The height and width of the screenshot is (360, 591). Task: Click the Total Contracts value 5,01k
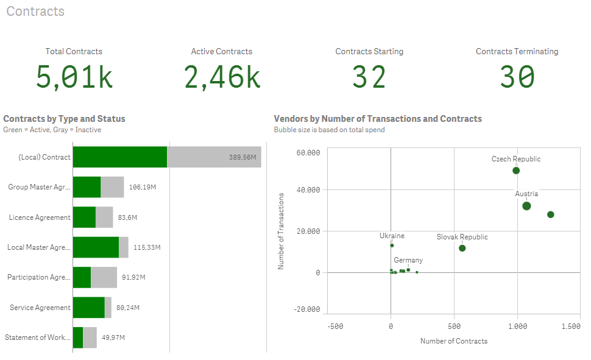[74, 77]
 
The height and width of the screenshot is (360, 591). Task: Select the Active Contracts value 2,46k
[222, 77]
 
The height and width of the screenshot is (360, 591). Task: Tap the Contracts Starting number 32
[369, 77]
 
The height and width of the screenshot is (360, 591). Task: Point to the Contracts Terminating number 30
[517, 77]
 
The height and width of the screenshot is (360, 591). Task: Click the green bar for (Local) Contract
[119, 157]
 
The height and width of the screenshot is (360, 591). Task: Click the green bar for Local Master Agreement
[96, 247]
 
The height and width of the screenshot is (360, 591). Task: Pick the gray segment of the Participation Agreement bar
[104, 277]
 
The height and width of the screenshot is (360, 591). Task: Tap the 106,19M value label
[143, 187]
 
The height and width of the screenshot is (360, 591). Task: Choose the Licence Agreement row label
[40, 217]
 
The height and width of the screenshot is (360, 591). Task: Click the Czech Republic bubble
[516, 171]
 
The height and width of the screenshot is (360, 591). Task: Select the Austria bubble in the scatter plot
[526, 206]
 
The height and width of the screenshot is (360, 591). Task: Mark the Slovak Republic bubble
[462, 248]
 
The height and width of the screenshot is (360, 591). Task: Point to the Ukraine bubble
[392, 245]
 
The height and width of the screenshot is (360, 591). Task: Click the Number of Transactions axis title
[281, 231]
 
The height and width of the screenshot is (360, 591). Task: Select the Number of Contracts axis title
[454, 341]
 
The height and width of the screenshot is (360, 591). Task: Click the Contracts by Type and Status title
[64, 119]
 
